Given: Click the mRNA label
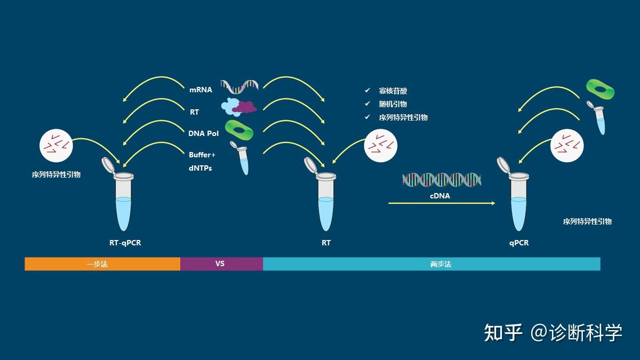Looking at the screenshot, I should tap(201, 90).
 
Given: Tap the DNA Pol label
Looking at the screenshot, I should tap(204, 133).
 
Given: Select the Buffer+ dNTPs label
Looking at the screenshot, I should tap(202, 162).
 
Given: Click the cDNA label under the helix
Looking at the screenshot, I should tap(440, 196).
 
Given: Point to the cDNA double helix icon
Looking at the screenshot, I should tap(442, 180).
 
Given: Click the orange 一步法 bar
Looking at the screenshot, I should tap(102, 264).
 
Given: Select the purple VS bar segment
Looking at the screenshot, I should tap(221, 264).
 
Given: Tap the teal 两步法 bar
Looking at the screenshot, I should tap(431, 264).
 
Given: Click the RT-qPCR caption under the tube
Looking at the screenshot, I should tap(125, 243).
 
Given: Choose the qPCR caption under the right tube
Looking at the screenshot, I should tap(519, 243).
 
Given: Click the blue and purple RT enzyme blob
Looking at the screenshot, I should tap(238, 107).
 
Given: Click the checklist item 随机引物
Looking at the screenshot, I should tap(393, 104).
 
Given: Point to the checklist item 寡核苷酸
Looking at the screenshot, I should tap(393, 91).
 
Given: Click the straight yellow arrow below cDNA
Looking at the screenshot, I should tap(441, 203).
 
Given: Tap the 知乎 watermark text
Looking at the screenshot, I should tap(503, 332).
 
